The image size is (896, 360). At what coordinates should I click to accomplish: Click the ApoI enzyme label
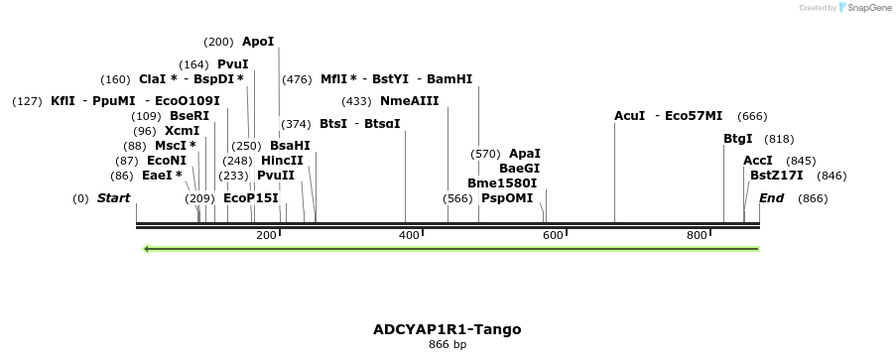[x=257, y=42]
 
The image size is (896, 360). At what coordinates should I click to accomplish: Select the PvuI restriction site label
[x=233, y=63]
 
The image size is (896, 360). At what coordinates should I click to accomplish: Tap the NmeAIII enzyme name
[x=409, y=101]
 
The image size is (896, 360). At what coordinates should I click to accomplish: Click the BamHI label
[x=449, y=79]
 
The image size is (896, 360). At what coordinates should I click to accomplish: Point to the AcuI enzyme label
[x=630, y=116]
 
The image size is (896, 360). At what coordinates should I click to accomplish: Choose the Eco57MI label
[x=694, y=116]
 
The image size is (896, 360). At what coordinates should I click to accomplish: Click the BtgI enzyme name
[x=738, y=139]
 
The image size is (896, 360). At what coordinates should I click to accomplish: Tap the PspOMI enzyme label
[x=507, y=198]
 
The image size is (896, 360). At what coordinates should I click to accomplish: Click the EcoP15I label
[x=251, y=198]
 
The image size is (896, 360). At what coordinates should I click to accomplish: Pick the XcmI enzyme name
[x=182, y=131]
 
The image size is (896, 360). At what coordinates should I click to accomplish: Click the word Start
[x=113, y=198]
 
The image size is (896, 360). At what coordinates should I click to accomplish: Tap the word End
[x=771, y=198]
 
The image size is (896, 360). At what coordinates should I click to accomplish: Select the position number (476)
[x=297, y=79]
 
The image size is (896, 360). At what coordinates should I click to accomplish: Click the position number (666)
[x=752, y=116]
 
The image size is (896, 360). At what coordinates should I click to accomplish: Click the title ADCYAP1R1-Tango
[x=447, y=329]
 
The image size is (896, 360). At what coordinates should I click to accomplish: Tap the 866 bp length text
[x=447, y=345]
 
